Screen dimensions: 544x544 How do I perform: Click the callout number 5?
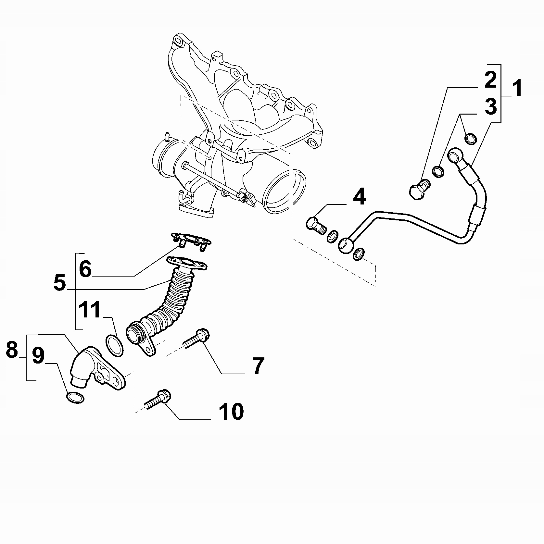[x=60, y=282]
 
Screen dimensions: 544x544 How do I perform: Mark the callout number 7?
[x=258, y=366]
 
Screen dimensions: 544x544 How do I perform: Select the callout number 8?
[x=12, y=350]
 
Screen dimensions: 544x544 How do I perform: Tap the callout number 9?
[x=38, y=356]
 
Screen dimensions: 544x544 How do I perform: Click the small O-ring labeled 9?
[x=75, y=398]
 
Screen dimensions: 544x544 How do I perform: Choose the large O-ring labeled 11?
[x=115, y=346]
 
